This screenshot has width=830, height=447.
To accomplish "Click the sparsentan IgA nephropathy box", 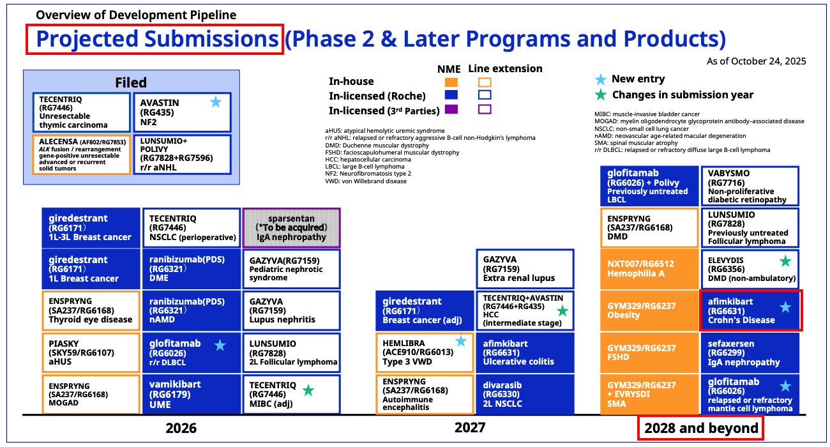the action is pos(291,227).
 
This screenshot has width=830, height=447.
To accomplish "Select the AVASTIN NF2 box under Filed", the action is pos(183,112).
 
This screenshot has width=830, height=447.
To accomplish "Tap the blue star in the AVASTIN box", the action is pos(216,102).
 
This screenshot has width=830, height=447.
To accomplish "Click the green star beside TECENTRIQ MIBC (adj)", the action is pos(308,390).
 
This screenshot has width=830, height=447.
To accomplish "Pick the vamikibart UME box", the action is pos(192,394).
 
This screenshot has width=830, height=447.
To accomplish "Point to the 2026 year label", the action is pos(181,428).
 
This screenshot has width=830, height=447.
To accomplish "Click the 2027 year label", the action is pos(470,427).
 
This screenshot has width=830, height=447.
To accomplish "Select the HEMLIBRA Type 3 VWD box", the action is pos(425,352).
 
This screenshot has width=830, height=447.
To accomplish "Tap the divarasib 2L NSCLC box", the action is pos(525,394).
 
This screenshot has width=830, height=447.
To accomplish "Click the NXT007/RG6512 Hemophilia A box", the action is pos(649,269).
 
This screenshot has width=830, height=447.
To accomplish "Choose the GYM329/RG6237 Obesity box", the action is pos(649,310).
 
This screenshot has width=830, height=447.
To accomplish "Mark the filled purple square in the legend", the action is pos(451,109).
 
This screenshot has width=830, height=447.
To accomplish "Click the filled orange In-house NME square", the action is pos(451,82).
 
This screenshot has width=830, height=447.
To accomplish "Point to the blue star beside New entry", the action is pos(601,79).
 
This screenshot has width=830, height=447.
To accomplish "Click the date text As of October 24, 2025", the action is pos(757,61).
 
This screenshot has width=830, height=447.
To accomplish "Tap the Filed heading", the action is pos(131,82).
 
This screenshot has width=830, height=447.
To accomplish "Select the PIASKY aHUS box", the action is pos(91,352).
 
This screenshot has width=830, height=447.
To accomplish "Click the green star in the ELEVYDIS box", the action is pos(785,261).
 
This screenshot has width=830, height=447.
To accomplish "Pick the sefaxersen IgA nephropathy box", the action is pos(750,352).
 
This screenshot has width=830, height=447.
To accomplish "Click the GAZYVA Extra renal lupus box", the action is pos(525,269).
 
